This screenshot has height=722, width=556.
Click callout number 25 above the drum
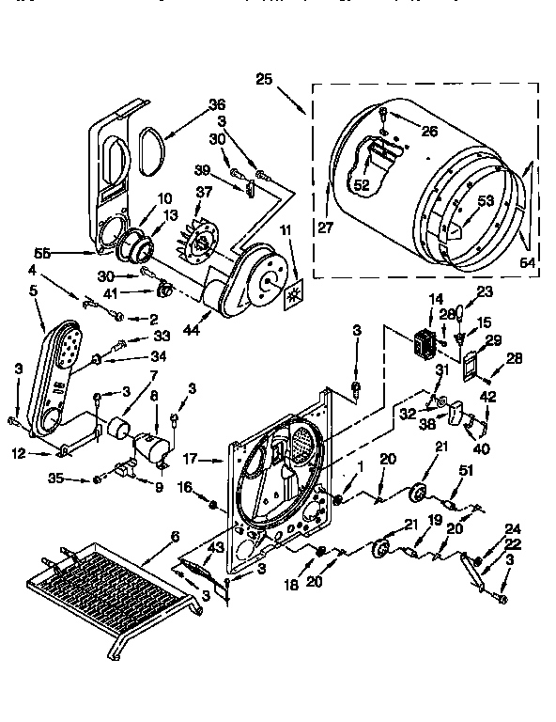tap(264, 81)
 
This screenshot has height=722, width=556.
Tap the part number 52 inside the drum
tap(362, 185)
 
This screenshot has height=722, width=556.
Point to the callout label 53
tap(486, 200)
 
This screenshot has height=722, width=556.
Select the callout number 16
tap(185, 487)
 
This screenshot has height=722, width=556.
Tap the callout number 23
tap(485, 291)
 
